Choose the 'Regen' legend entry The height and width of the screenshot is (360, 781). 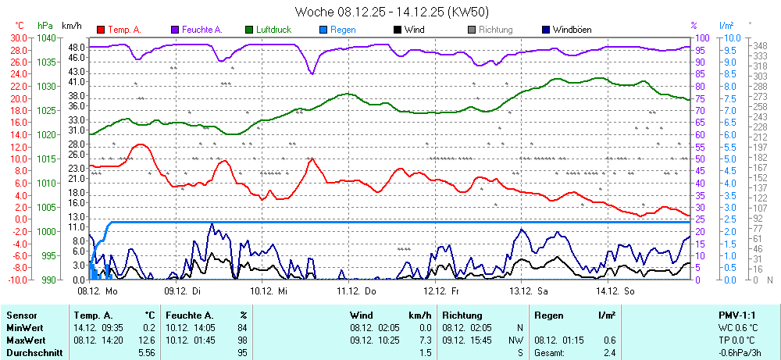click(343, 30)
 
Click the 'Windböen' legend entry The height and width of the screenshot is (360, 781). click(572, 30)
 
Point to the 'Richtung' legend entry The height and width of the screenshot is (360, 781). click(495, 30)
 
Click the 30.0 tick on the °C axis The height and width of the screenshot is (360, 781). click(18, 37)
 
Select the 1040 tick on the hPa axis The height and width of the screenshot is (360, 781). click(46, 37)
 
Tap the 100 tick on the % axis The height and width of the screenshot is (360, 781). click(702, 37)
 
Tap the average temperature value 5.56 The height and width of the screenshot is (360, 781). click(146, 353)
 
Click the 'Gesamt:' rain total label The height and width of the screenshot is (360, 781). click(550, 353)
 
